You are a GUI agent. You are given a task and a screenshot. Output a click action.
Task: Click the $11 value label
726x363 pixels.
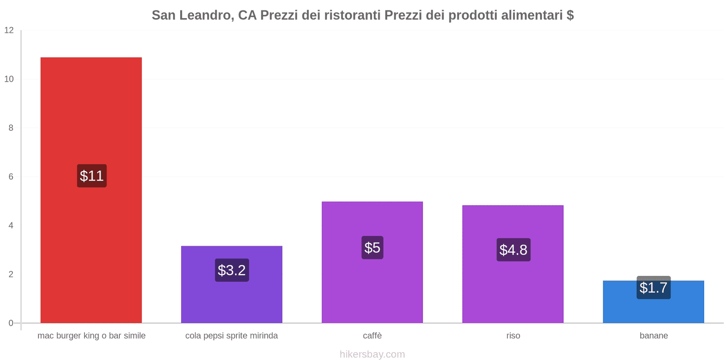point(92,176)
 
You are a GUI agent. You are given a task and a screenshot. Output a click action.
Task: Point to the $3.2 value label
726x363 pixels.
point(232,270)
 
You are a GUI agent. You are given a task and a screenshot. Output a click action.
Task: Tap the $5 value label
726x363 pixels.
point(372,248)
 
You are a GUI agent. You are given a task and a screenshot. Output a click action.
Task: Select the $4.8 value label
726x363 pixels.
point(513,250)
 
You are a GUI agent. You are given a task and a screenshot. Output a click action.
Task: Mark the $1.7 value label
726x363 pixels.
point(653,288)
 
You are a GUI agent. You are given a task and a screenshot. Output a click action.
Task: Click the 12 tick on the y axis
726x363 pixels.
point(9,30)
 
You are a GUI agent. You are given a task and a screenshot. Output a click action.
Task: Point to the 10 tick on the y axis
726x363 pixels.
point(9,79)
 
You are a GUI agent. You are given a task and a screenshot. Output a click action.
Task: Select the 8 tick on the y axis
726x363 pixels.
point(11,128)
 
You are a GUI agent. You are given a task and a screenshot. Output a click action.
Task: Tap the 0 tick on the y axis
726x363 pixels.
point(11,323)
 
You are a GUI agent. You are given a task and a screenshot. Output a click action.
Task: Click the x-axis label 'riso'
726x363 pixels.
point(513,336)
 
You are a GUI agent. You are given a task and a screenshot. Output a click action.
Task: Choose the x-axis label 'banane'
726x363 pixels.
point(653,336)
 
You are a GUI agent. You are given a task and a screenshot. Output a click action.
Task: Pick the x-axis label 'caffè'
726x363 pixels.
point(372,336)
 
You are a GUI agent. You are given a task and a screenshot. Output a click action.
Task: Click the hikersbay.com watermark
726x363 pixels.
point(372,354)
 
